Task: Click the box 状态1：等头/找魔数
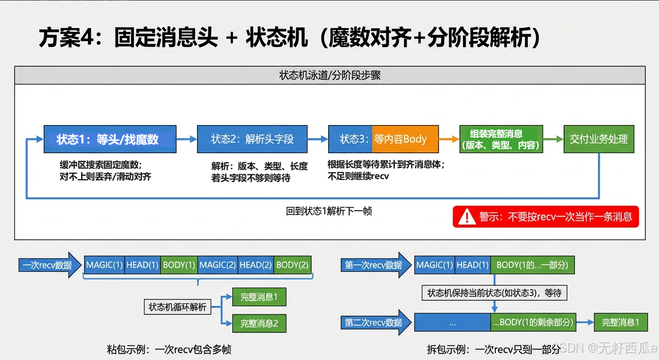pyautogui.click(x=110, y=139)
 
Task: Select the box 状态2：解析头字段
pyautogui.click(x=252, y=139)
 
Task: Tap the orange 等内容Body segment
pyautogui.click(x=405, y=139)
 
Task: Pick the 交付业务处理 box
pyautogui.click(x=598, y=139)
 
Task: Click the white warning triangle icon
pyautogui.click(x=467, y=217)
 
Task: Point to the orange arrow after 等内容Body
pyautogui.click(x=449, y=139)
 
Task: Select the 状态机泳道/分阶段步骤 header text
pyautogui.click(x=330, y=76)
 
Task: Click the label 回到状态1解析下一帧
pyautogui.click(x=329, y=211)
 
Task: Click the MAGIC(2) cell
pyautogui.click(x=218, y=265)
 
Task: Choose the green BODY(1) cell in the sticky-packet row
pyautogui.click(x=179, y=265)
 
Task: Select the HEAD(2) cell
pyautogui.click(x=256, y=265)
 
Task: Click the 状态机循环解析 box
pyautogui.click(x=177, y=307)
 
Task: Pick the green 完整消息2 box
pyautogui.click(x=259, y=323)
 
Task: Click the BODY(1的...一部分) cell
pyautogui.click(x=532, y=265)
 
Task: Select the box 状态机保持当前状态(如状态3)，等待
pyautogui.click(x=494, y=293)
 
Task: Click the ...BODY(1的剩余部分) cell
pyautogui.click(x=533, y=322)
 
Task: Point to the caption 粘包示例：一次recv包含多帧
pyautogui.click(x=169, y=349)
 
